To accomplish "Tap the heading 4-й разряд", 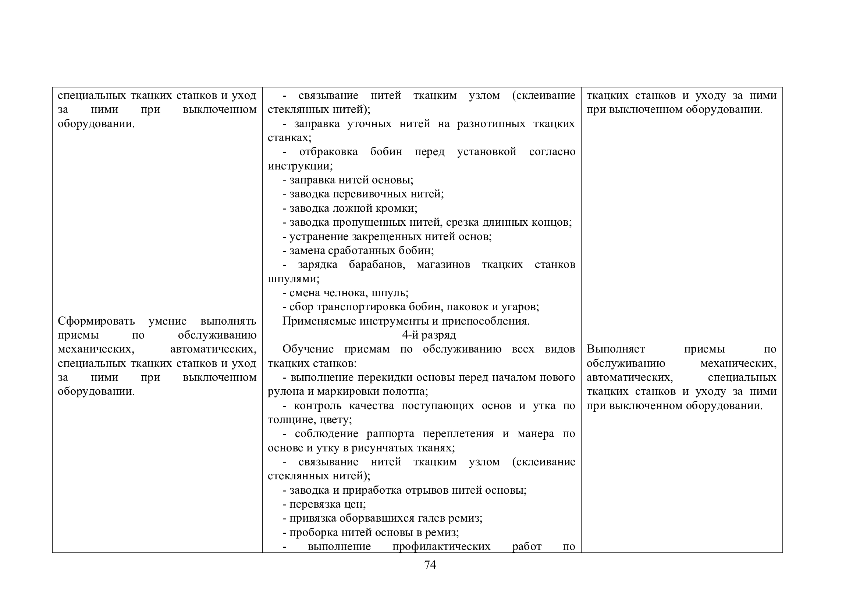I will click(429, 335).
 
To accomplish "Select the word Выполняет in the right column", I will click(615, 349).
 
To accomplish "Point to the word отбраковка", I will click(328, 151).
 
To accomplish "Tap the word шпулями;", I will click(293, 279).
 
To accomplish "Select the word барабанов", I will click(377, 265).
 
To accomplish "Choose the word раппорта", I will click(390, 433).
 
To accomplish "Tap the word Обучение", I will click(308, 349).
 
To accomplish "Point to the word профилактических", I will click(441, 546).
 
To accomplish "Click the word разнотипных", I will click(491, 124).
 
